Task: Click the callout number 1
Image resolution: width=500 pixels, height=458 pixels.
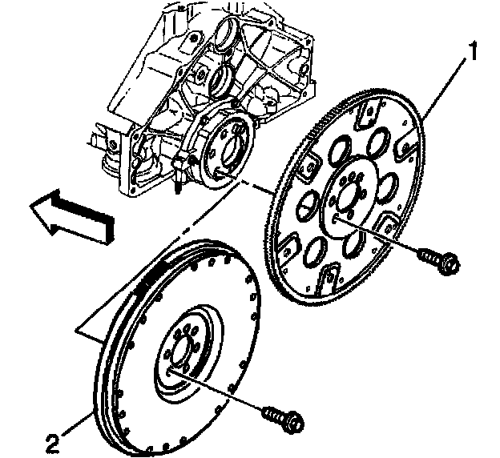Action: point(473,53)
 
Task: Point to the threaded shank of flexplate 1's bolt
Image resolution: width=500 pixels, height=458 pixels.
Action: point(426,252)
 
